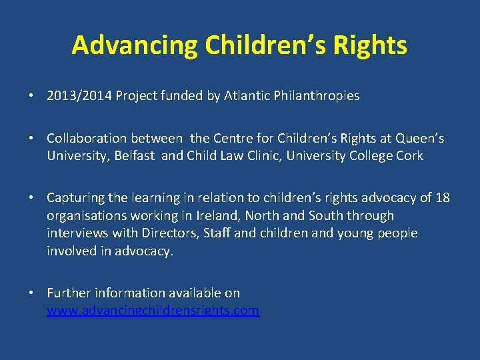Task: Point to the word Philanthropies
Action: (x=316, y=96)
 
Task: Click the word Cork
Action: (x=410, y=156)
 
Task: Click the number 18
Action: (x=442, y=198)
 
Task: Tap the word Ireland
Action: (x=221, y=216)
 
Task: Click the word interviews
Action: (x=74, y=233)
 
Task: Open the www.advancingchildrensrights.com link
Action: (x=153, y=311)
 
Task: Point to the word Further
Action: (x=69, y=293)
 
